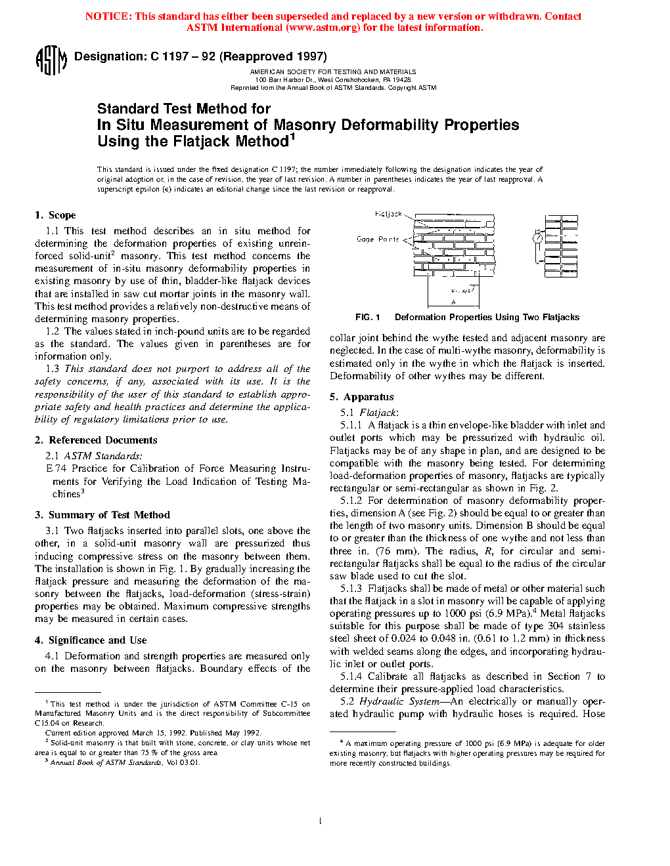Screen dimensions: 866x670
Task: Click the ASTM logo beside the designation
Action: [x=51, y=60]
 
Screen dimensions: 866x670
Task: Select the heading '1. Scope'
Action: [x=55, y=215]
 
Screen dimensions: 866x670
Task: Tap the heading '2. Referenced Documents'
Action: [x=96, y=440]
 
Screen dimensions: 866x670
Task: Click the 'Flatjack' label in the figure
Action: [x=388, y=214]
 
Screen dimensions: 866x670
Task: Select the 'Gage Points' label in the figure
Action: [x=378, y=239]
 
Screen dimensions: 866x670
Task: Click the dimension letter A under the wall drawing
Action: [x=453, y=302]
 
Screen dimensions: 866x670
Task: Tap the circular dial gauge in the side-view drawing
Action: [x=537, y=239]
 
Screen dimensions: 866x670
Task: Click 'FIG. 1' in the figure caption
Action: [x=368, y=318]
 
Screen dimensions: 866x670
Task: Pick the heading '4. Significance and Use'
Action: [x=91, y=640]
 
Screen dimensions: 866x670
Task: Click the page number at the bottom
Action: [x=320, y=821]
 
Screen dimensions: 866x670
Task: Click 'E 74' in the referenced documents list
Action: [x=56, y=468]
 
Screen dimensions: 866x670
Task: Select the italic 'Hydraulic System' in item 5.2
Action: [x=399, y=701]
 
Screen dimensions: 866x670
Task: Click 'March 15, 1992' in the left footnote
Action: [x=160, y=733]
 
